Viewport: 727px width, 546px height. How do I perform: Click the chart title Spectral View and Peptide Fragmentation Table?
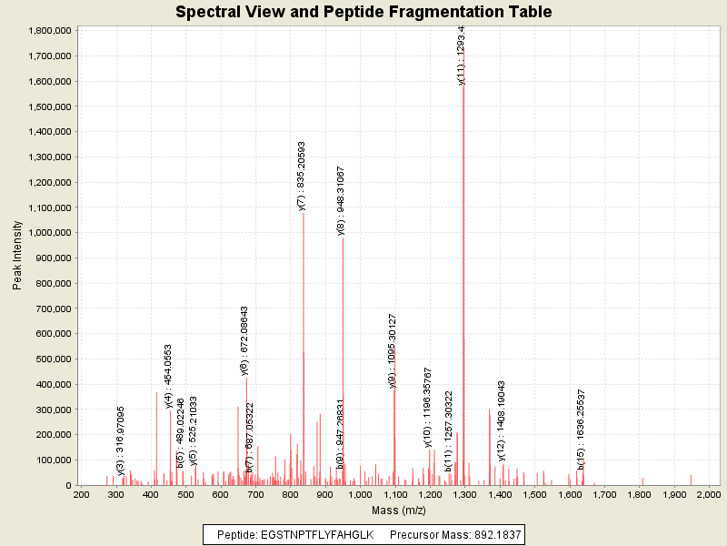click(x=363, y=12)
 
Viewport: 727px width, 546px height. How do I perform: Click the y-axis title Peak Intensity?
click(x=17, y=258)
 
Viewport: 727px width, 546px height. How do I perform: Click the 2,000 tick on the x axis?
click(x=708, y=494)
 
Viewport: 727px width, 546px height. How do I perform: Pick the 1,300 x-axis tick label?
click(x=463, y=494)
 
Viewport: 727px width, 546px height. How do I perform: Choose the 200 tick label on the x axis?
click(x=81, y=494)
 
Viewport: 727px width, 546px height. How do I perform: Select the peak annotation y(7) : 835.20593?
click(x=302, y=176)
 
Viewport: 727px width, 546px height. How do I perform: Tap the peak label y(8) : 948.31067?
click(x=341, y=201)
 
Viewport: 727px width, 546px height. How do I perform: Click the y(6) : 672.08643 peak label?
click(x=244, y=340)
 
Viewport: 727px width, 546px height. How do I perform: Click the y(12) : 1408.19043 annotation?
click(x=501, y=420)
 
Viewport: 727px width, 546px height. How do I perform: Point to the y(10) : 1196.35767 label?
click(x=428, y=408)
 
